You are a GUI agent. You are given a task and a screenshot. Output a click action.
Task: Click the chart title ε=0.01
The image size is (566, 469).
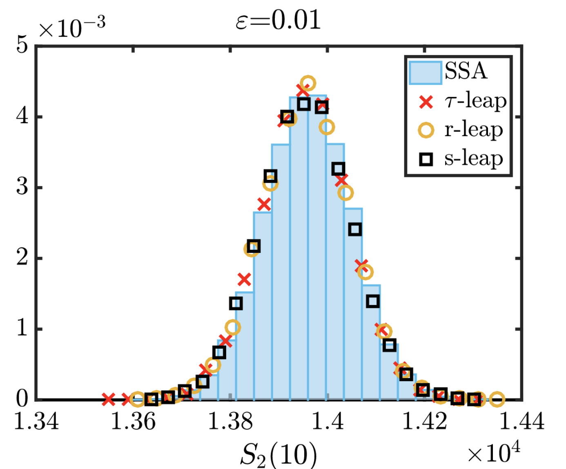point(278,20)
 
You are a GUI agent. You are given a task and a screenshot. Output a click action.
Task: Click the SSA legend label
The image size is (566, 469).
point(466,71)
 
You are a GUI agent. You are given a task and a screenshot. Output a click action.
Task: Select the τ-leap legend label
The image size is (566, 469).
point(475,101)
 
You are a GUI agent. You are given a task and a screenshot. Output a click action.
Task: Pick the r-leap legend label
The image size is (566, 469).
point(474,130)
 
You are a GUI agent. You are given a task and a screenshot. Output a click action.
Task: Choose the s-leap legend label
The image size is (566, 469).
point(474,159)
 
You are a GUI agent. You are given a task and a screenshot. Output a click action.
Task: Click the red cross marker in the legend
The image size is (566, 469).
point(426,102)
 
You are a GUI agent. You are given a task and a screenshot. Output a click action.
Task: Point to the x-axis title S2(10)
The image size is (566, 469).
point(278,454)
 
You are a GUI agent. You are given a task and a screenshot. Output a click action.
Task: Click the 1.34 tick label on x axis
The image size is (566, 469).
point(36,421)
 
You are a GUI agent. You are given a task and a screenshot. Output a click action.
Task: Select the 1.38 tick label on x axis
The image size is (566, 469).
point(231,421)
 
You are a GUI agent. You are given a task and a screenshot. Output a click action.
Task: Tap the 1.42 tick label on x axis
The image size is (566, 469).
point(425,421)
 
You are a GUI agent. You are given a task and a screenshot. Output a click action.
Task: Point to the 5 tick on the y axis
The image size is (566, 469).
point(22,45)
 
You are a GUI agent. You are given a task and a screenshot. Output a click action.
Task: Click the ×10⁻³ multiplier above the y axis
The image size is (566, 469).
point(72,28)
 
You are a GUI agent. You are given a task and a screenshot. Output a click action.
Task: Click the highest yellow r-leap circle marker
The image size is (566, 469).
point(308,83)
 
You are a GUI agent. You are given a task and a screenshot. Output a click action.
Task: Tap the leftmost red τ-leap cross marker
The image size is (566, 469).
point(108,399)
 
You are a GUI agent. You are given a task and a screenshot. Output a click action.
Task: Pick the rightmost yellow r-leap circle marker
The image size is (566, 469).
point(497,399)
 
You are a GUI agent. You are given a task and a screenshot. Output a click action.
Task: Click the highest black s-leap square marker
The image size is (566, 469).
point(303,104)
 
